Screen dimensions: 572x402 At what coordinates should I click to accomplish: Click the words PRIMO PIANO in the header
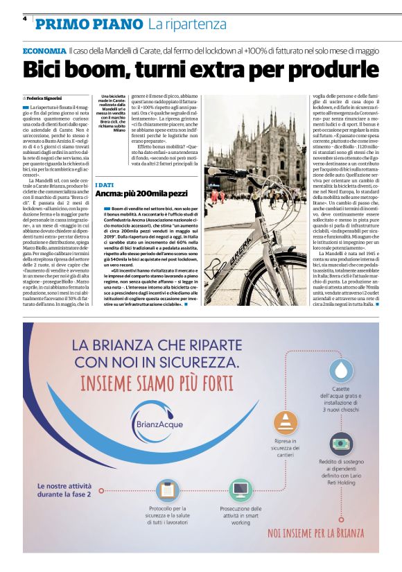point(89,25)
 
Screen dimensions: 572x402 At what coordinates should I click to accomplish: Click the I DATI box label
point(105,184)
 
